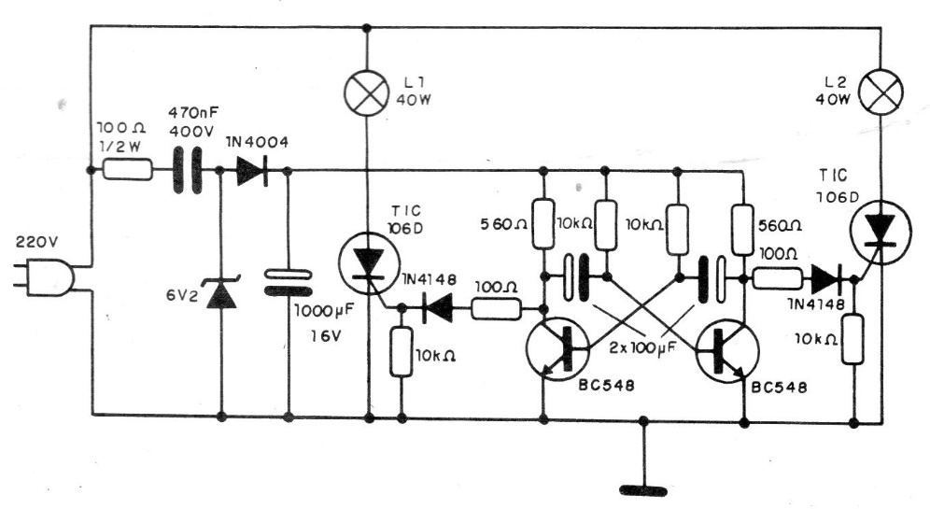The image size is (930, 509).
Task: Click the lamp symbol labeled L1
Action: pos(367,92)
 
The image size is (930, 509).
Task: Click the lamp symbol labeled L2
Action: pos(881,92)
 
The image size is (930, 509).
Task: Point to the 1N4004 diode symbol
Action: pos(252,172)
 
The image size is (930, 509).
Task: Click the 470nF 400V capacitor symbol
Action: pos(187,171)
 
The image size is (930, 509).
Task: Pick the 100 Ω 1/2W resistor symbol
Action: pos(128,170)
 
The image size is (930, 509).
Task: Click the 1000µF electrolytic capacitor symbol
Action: pos(288,282)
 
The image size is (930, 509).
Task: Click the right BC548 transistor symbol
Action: pos(727,350)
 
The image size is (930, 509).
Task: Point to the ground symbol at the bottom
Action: pos(643,490)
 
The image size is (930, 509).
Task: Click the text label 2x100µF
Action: pos(643,348)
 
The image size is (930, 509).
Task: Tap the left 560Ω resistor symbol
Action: pos(543,223)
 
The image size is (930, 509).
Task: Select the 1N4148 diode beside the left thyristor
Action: pos(438,309)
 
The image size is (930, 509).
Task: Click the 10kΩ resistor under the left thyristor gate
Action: pos(402,351)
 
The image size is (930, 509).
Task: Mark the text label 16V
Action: pos(326,336)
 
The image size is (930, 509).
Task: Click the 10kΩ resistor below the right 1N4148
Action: pos(852,339)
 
